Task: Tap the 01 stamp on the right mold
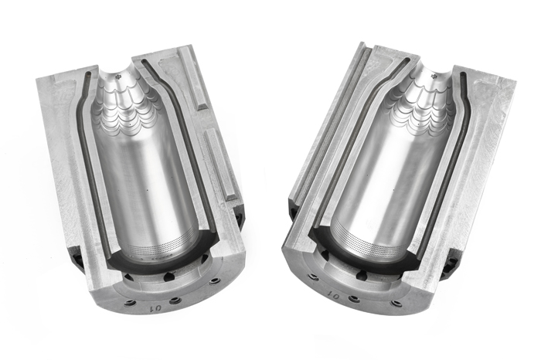(334, 294)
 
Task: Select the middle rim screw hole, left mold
(175, 300)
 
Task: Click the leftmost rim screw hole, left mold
(130, 303)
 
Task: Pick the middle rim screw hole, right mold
(354, 299)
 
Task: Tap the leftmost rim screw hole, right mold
(313, 277)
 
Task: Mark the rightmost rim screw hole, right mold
(396, 303)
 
